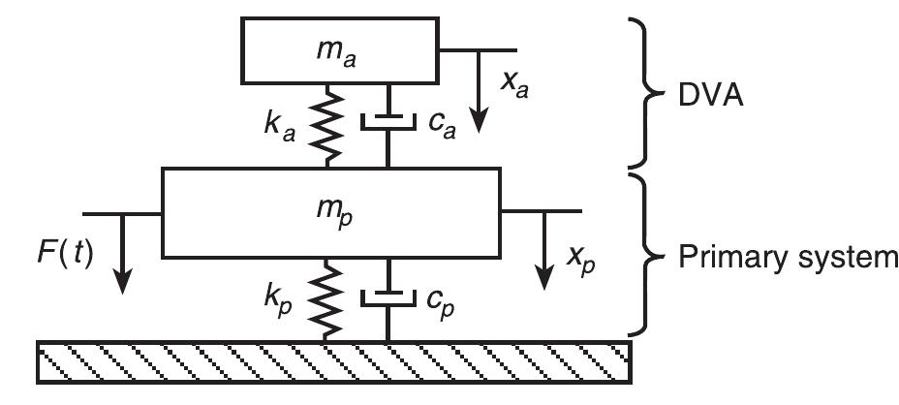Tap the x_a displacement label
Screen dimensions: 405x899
[x=515, y=86]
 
